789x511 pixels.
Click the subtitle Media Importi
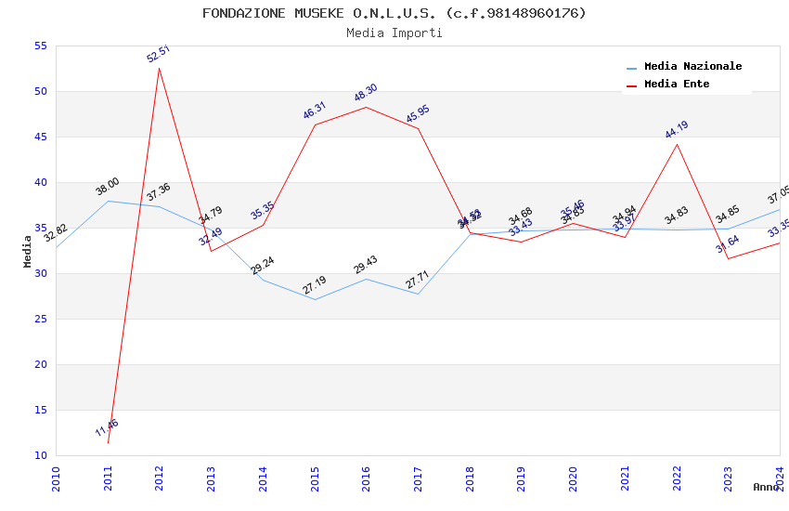(394, 33)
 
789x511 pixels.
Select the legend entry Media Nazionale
(692, 67)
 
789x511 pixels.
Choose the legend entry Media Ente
(676, 85)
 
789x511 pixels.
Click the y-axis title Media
(28, 251)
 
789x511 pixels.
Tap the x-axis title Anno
(766, 487)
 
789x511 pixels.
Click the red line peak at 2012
(160, 68)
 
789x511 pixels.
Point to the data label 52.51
(158, 54)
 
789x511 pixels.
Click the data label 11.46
(107, 428)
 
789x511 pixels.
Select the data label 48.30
(366, 93)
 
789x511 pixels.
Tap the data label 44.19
(677, 130)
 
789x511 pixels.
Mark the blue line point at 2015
(315, 299)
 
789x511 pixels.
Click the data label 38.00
(108, 187)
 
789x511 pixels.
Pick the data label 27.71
(418, 281)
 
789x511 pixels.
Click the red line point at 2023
(729, 258)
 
